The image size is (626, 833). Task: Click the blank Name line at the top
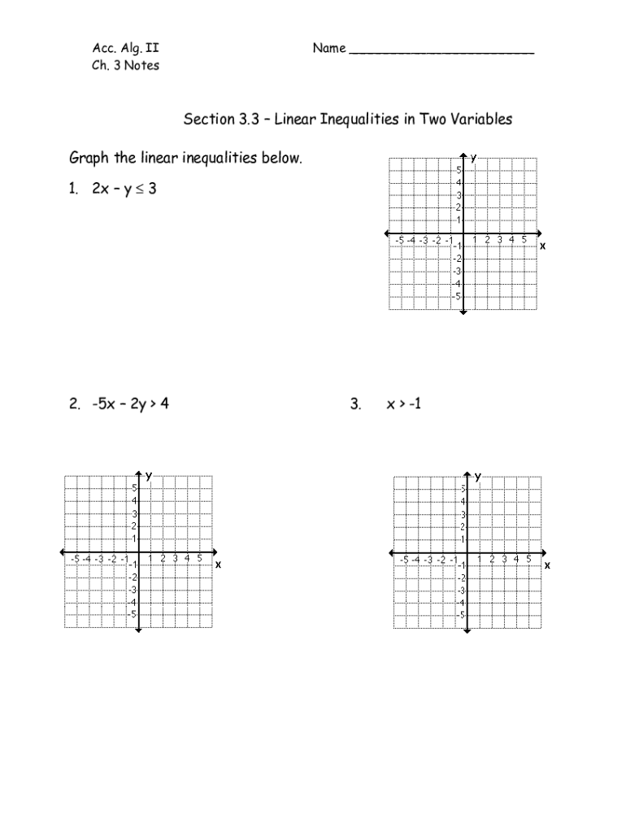click(x=441, y=50)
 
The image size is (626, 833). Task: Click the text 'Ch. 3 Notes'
click(x=125, y=66)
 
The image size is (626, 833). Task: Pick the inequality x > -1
click(x=404, y=403)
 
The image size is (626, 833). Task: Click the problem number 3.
click(x=355, y=403)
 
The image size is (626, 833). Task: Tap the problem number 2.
click(x=74, y=403)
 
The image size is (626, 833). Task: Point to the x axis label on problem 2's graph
click(x=218, y=563)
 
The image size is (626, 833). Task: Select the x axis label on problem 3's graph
click(x=547, y=564)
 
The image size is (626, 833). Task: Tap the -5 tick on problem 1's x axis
click(x=398, y=240)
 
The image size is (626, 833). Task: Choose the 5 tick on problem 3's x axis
click(x=528, y=559)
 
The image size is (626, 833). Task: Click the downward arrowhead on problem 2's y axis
click(x=138, y=630)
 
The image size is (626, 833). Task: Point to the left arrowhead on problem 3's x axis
click(x=390, y=552)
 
